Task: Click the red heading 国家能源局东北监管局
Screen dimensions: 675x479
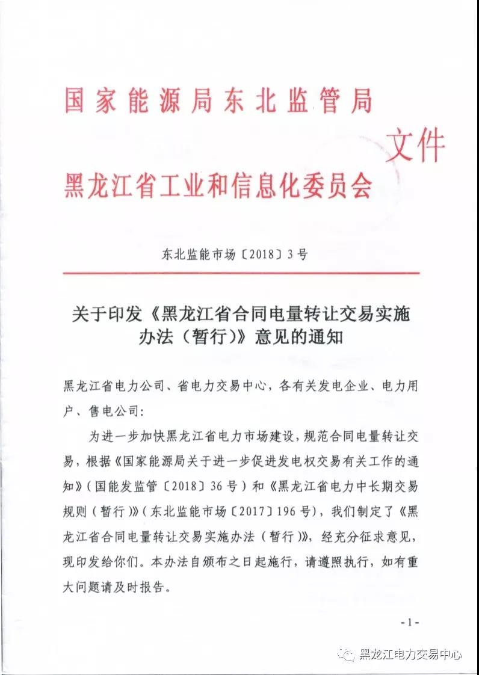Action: click(x=218, y=101)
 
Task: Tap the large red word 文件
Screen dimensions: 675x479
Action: click(x=415, y=147)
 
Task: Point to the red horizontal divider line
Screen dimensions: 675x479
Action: click(x=241, y=273)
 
